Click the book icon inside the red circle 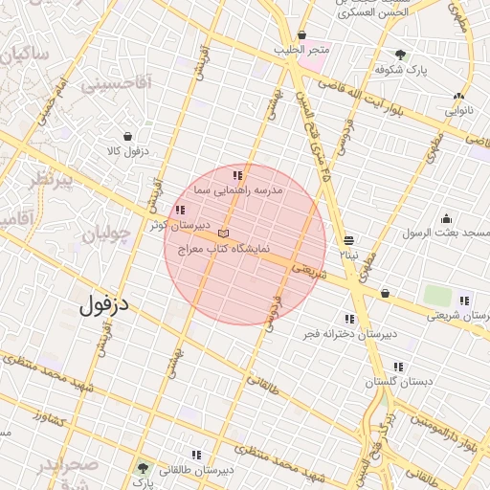224,234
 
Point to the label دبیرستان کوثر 179,226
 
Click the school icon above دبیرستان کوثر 179,211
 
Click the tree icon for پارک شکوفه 400,55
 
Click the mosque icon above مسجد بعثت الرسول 445,218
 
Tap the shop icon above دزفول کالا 127,137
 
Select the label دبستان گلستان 398,382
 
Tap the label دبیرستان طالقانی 196,470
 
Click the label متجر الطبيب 301,49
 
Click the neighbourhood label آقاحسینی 116,84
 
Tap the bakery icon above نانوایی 459,96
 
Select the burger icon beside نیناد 348,240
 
